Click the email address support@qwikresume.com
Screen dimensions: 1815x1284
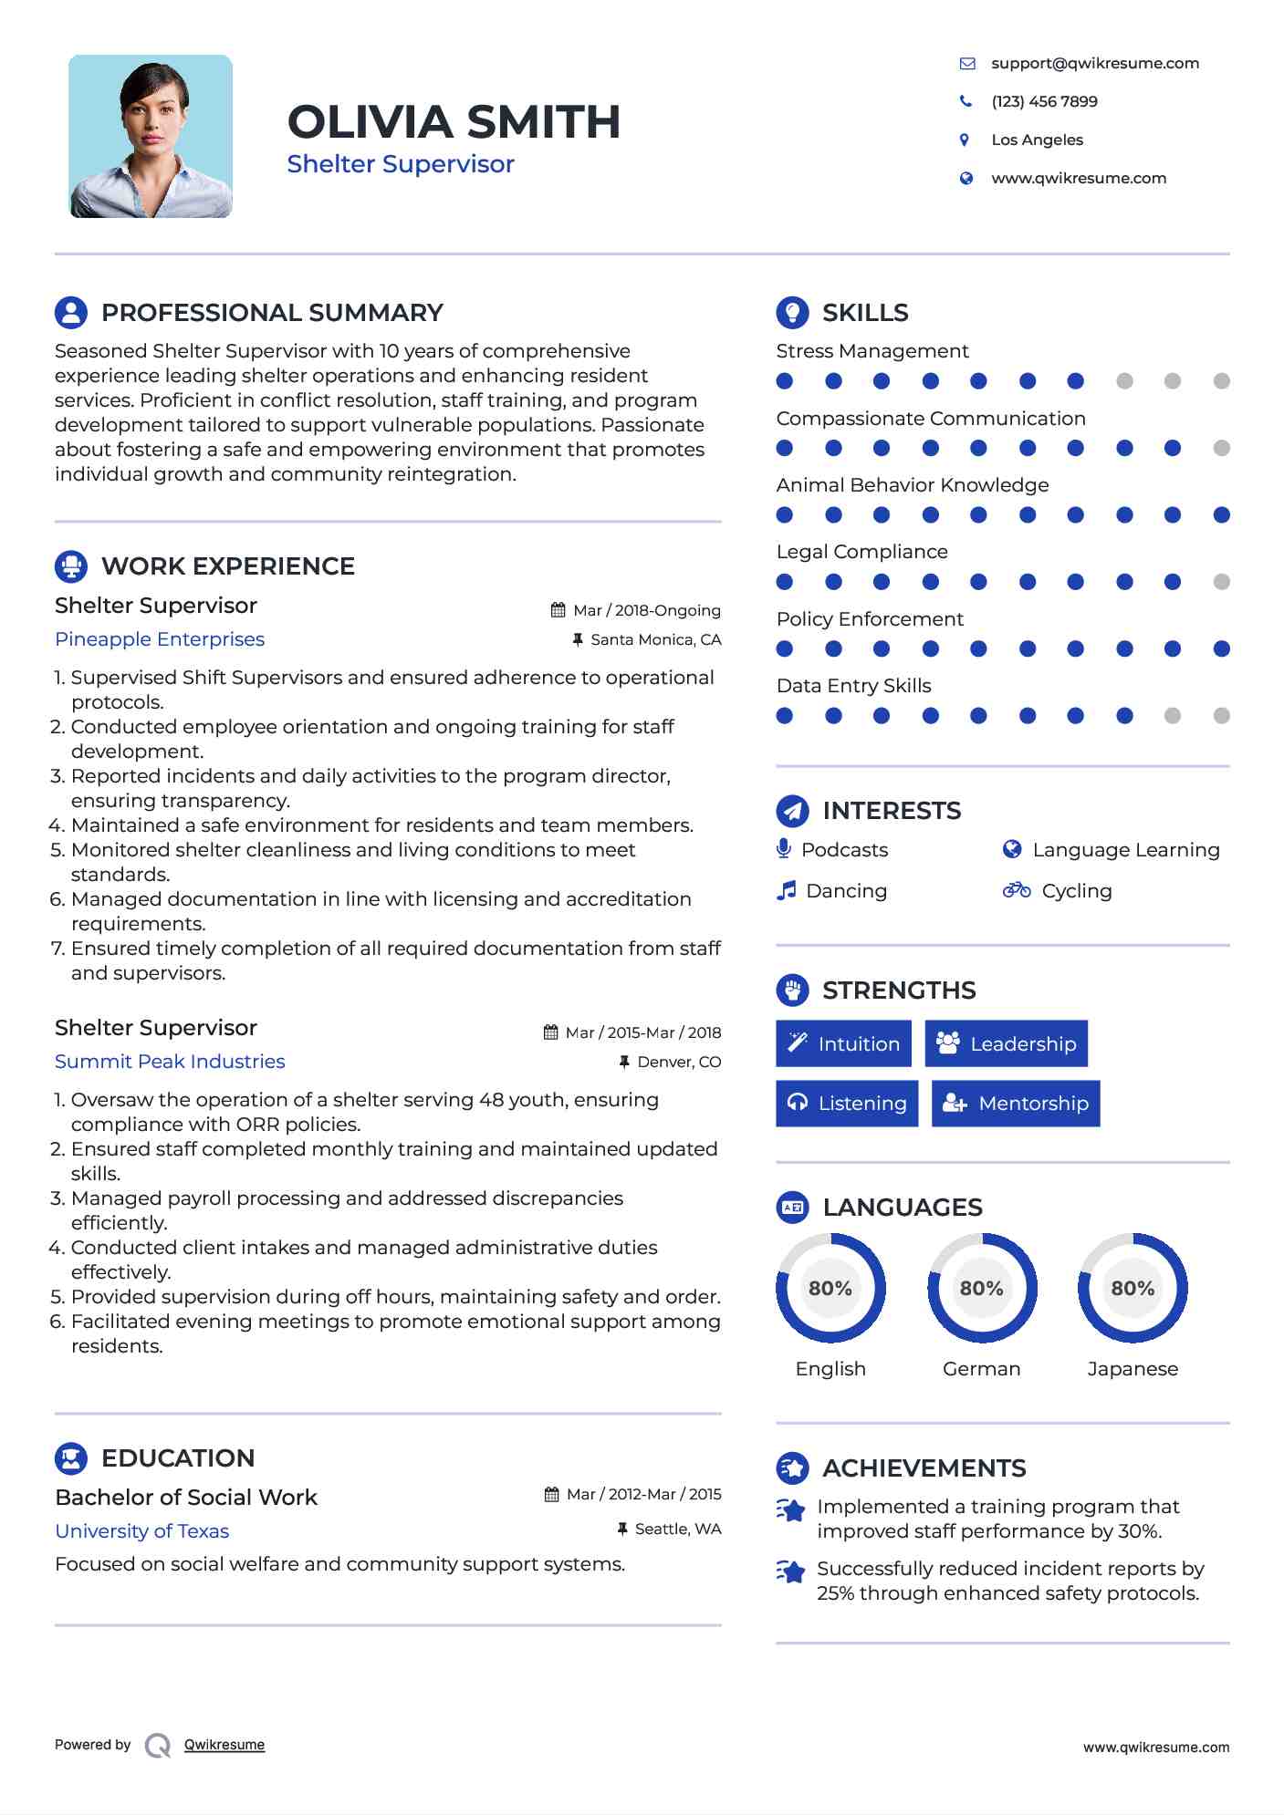point(1094,63)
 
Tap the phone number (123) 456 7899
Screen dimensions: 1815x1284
point(1044,101)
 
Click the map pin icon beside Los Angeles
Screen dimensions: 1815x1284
point(965,140)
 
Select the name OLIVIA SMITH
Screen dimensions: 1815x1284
point(454,121)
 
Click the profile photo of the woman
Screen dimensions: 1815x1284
point(151,136)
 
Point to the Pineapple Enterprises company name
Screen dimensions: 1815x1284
point(160,639)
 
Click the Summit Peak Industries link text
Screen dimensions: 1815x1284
point(170,1062)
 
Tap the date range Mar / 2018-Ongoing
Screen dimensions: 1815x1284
point(646,610)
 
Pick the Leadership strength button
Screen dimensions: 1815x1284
point(1006,1043)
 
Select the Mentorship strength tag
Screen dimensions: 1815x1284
point(1015,1104)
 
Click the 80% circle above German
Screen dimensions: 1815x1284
point(981,1288)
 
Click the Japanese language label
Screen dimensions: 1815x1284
point(1132,1369)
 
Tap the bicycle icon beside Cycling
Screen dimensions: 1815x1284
point(1016,890)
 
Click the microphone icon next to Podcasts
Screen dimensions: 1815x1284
point(783,849)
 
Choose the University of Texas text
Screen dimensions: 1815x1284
point(141,1531)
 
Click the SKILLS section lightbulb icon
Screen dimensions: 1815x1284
point(792,312)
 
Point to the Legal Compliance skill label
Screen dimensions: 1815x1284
point(861,552)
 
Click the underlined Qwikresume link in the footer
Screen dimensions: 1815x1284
point(224,1745)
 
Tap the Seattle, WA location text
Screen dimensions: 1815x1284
point(677,1529)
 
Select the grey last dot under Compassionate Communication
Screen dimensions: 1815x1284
point(1221,448)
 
